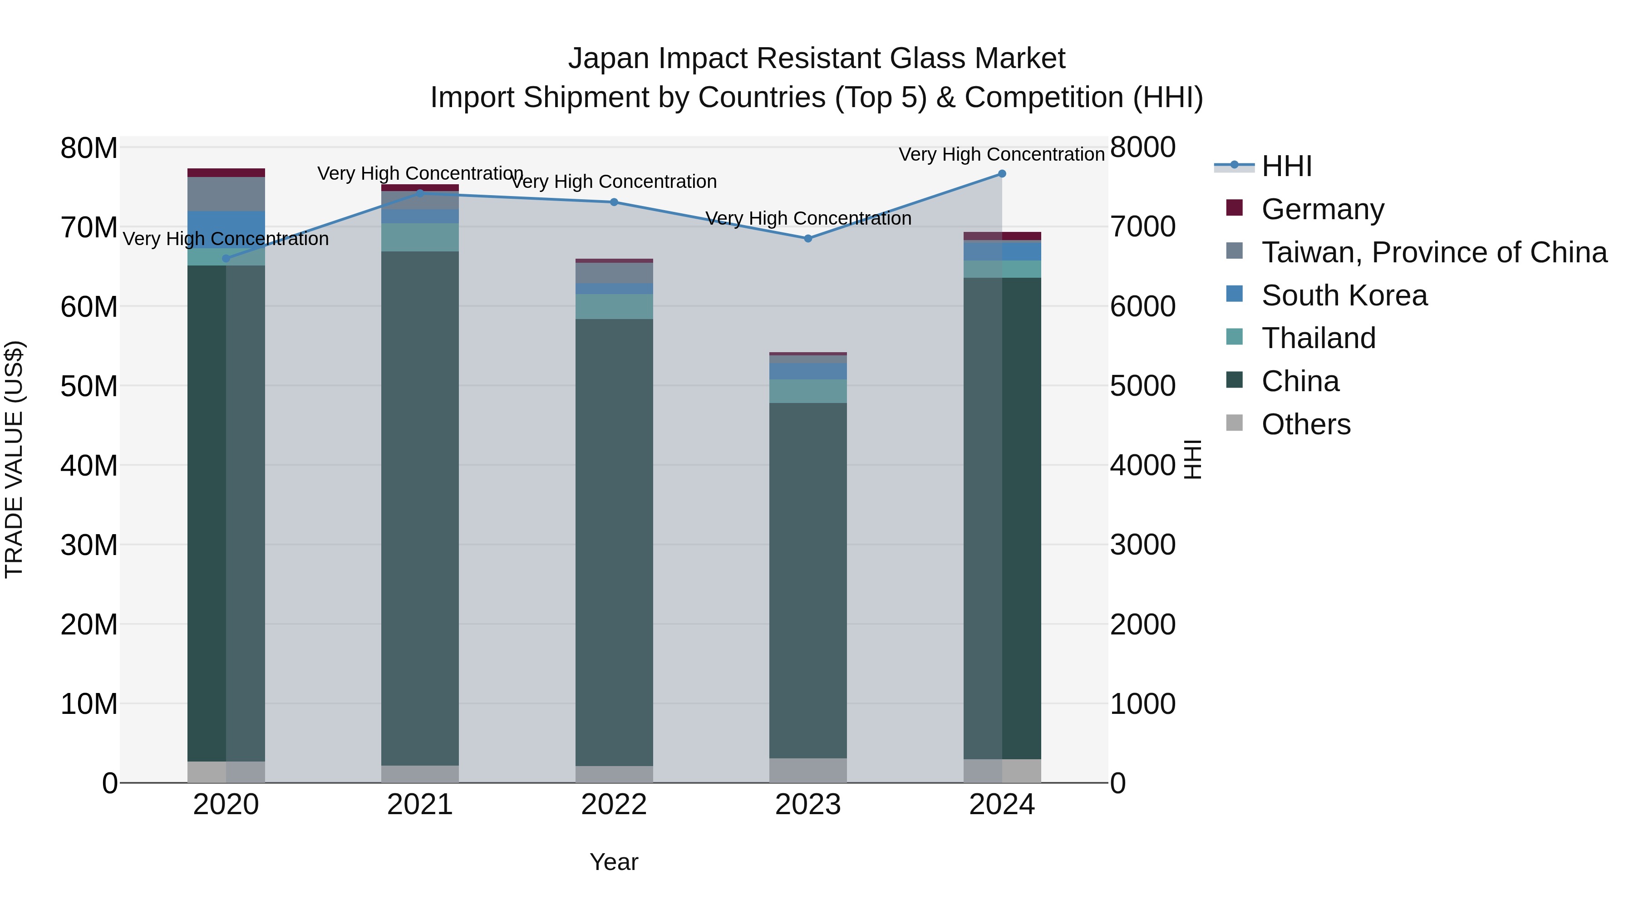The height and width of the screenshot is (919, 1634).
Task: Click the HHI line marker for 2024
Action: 1002,174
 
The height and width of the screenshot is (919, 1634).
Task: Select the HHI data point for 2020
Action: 226,259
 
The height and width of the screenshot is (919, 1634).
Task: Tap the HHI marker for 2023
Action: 807,238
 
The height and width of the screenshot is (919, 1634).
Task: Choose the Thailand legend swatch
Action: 1235,337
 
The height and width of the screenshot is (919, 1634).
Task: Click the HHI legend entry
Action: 1286,166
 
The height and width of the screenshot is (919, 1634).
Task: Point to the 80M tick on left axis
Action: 89,148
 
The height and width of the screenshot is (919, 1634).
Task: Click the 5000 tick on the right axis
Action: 1142,386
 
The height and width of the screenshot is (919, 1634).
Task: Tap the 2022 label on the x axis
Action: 613,805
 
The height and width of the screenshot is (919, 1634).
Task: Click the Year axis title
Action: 613,862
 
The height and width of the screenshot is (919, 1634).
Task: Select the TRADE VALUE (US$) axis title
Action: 14,459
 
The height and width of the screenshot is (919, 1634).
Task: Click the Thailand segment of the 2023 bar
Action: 807,391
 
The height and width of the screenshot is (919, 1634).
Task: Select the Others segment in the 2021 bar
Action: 419,774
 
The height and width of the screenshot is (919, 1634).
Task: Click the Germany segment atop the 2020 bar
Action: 226,172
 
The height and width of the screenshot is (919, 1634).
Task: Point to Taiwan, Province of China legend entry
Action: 1433,252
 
